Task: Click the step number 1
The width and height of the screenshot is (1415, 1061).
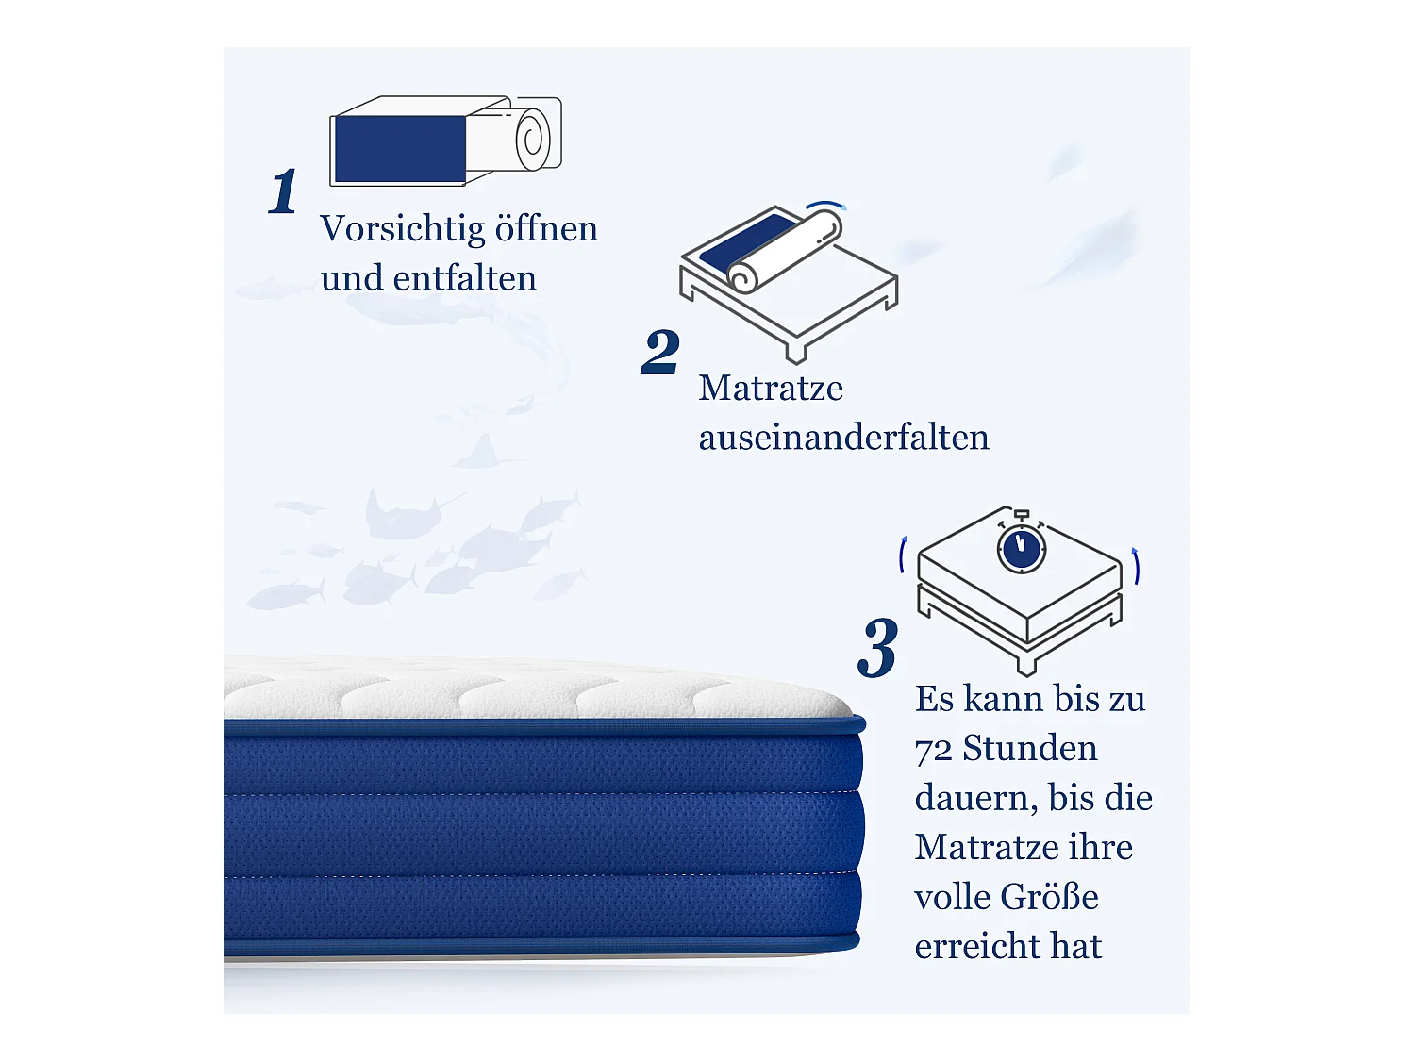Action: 283,192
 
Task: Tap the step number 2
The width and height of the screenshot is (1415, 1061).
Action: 660,353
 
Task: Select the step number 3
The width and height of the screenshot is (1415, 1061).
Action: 878,649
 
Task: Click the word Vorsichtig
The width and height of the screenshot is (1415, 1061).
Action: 402,229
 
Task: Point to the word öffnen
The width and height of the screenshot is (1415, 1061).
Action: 547,229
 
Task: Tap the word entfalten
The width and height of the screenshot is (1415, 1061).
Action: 465,279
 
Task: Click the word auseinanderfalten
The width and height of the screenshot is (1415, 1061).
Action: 843,438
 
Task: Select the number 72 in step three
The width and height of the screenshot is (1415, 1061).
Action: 933,750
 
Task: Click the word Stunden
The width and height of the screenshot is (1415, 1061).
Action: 1030,749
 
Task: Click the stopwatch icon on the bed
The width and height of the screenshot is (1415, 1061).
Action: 1022,548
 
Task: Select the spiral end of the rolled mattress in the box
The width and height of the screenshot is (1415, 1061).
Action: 533,139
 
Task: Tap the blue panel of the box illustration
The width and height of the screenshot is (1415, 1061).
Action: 399,149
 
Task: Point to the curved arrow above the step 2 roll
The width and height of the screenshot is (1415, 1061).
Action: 826,205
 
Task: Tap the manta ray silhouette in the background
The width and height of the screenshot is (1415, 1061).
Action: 406,514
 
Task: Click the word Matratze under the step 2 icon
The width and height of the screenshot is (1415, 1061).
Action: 771,389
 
